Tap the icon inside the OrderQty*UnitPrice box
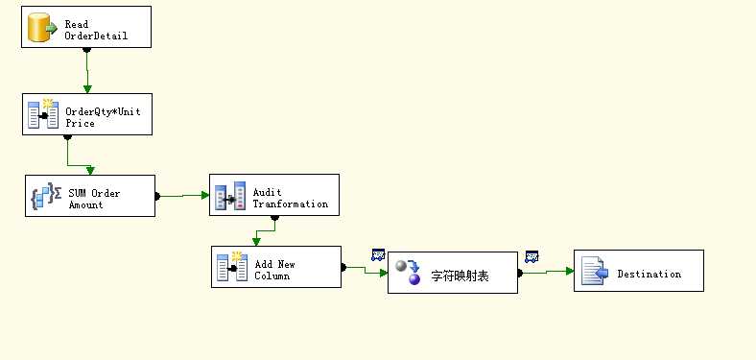click(43, 114)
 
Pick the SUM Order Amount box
click(89, 196)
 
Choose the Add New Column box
click(276, 267)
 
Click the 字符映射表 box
click(453, 273)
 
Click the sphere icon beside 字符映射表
click(409, 273)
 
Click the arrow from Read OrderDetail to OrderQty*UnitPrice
click(86, 71)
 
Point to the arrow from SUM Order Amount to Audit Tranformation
click(182, 195)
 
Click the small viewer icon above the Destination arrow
click(532, 255)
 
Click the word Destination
click(649, 274)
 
